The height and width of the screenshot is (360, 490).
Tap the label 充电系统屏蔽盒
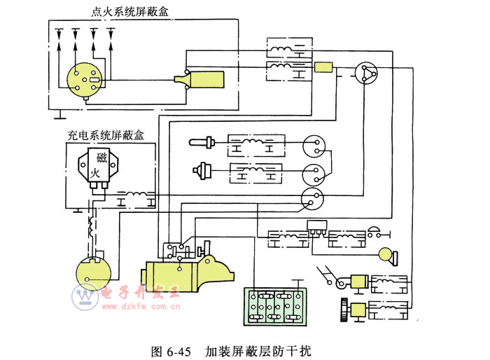point(106,136)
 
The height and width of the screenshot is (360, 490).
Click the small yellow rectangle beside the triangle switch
point(323,67)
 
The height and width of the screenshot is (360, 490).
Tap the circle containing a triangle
point(364,73)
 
